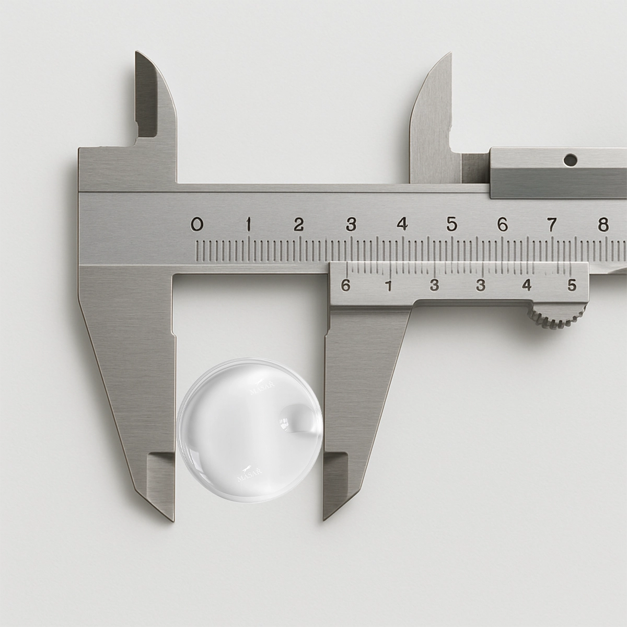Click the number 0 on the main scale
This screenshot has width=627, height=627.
click(x=197, y=225)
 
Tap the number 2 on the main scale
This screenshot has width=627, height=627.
click(x=299, y=225)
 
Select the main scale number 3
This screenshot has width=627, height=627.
click(x=351, y=225)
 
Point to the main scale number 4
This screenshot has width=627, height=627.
click(x=402, y=225)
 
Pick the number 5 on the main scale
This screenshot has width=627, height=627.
click(x=452, y=225)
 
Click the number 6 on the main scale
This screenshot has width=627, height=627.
click(x=502, y=225)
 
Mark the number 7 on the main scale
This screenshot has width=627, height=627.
click(x=552, y=225)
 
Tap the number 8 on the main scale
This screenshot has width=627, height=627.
click(x=603, y=225)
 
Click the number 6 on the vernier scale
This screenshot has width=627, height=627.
click(x=345, y=285)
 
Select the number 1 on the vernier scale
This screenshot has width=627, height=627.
click(x=389, y=285)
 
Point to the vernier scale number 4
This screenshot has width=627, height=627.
click(x=527, y=285)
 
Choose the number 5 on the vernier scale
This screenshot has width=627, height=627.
click(x=572, y=285)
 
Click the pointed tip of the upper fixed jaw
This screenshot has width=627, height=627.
click(x=138, y=53)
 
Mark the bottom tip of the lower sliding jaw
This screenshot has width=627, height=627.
click(x=324, y=519)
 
